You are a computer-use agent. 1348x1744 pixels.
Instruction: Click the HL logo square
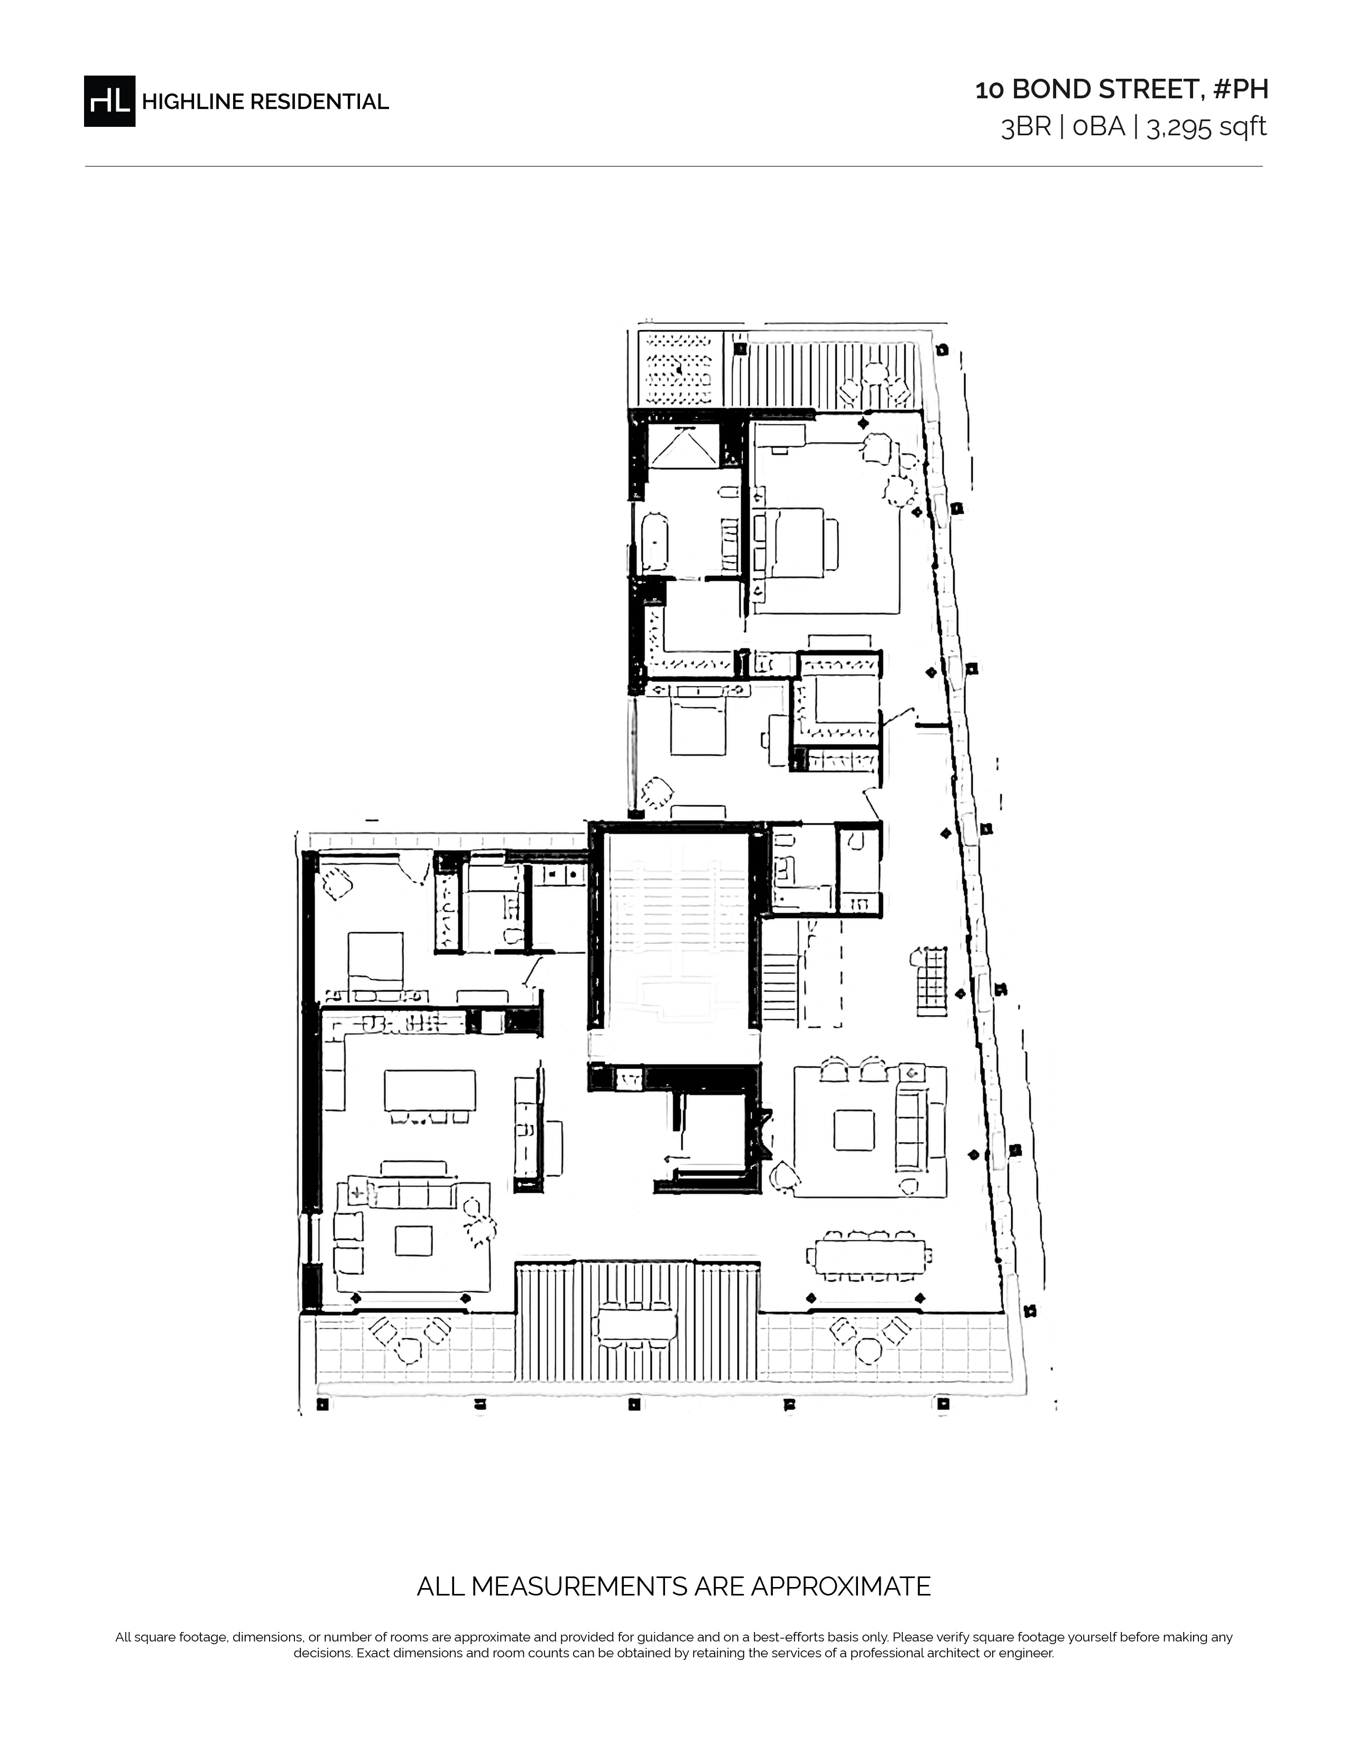click(x=109, y=100)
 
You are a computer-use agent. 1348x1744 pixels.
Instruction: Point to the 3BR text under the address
click(x=1026, y=127)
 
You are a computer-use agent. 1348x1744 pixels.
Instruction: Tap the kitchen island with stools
click(x=430, y=1089)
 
